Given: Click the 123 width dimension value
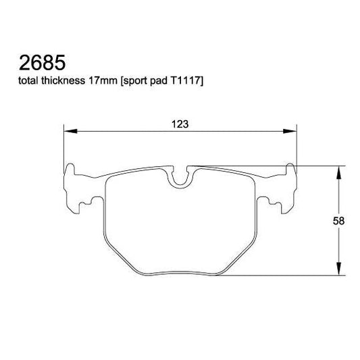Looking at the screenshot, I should click(179, 124).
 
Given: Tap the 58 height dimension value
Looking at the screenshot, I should click(346, 221).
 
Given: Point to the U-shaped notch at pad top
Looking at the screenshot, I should click(180, 177).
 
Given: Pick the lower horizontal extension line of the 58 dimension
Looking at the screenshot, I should click(284, 276).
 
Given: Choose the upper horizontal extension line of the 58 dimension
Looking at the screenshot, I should click(317, 165).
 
